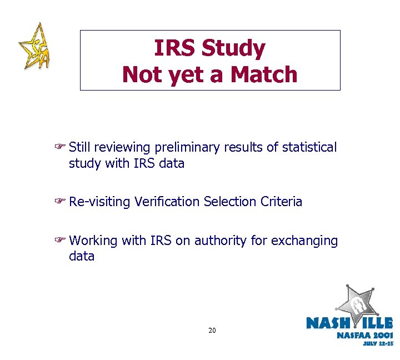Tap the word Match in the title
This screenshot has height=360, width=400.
coord(262,74)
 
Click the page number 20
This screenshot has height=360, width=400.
coord(212,331)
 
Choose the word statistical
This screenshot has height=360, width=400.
coord(309,148)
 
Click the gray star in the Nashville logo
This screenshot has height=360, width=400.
coord(358,303)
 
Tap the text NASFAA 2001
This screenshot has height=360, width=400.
coord(364,335)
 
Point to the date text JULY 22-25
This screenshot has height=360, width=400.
coord(378,343)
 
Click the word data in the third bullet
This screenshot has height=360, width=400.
coord(82,257)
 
